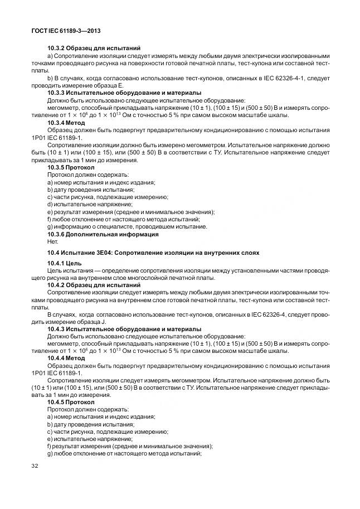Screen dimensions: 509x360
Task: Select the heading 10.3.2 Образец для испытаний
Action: (x=94, y=49)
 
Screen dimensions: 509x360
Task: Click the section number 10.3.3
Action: (x=58, y=92)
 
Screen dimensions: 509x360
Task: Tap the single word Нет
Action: (x=52, y=241)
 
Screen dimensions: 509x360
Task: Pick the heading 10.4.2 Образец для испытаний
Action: (x=94, y=285)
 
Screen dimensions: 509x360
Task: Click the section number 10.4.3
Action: (x=58, y=329)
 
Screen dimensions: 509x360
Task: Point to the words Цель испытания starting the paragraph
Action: (x=70, y=270)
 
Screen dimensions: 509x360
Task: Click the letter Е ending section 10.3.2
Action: (x=120, y=85)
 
